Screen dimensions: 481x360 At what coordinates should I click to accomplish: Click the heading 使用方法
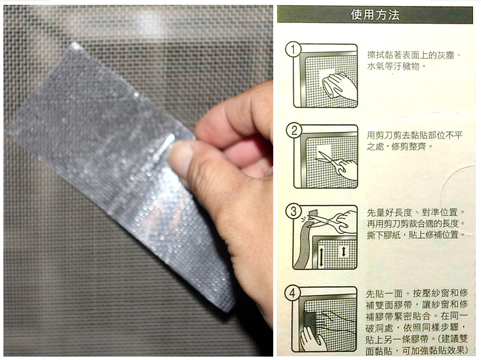click(375, 15)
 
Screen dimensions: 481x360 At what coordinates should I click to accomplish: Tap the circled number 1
click(293, 50)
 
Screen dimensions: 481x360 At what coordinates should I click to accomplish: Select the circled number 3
click(293, 211)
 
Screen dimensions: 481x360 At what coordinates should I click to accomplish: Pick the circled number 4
click(292, 293)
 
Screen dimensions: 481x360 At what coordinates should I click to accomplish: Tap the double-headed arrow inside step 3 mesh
click(344, 252)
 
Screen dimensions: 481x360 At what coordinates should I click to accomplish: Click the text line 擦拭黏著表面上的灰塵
click(414, 55)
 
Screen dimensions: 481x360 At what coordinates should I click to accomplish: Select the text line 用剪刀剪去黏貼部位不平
click(415, 135)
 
